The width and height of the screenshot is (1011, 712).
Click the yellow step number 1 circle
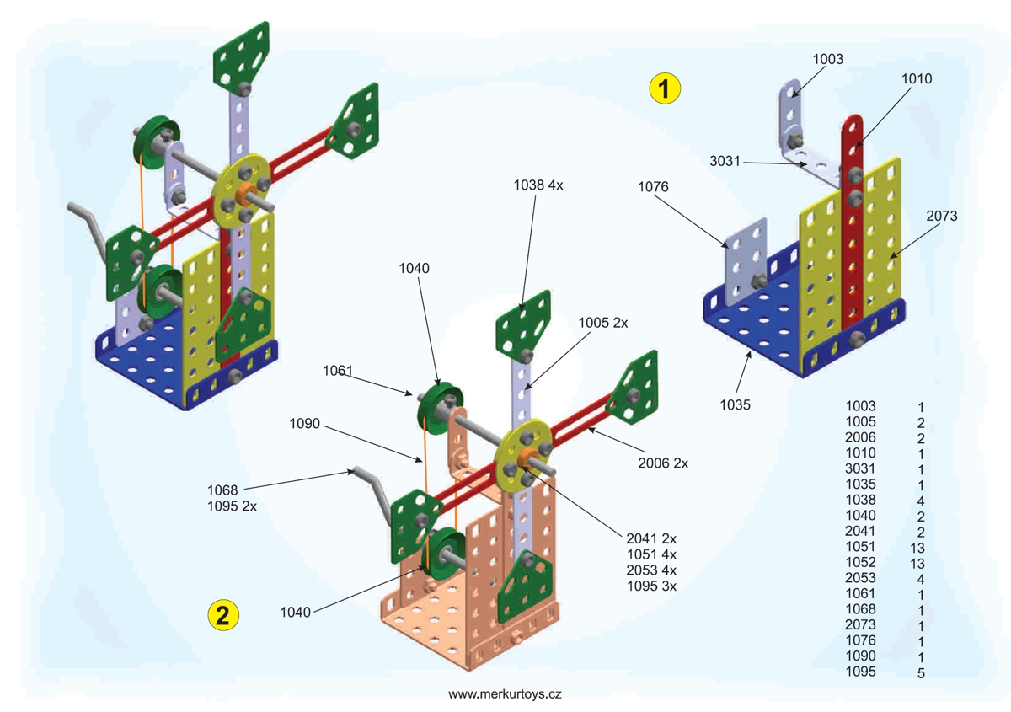(665, 88)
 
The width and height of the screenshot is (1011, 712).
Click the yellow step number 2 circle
(223, 615)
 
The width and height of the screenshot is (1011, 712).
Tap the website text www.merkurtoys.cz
(505, 693)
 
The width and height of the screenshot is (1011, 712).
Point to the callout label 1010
(917, 78)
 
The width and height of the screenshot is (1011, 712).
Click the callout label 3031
(725, 161)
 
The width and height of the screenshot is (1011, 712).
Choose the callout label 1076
(653, 186)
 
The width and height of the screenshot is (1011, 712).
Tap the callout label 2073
(942, 216)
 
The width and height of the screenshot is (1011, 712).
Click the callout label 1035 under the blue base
(736, 404)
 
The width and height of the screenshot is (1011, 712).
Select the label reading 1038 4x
(538, 185)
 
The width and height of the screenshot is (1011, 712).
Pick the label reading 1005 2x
(603, 323)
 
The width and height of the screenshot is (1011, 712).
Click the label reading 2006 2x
(663, 463)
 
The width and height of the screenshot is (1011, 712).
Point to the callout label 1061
(338, 371)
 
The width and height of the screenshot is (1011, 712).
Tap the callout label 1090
(305, 424)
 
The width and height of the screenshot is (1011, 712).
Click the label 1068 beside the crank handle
(222, 490)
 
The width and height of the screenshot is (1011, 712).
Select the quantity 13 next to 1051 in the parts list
(917, 548)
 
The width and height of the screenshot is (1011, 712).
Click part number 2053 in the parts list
(860, 578)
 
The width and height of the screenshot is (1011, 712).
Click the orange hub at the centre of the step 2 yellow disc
(527, 459)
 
